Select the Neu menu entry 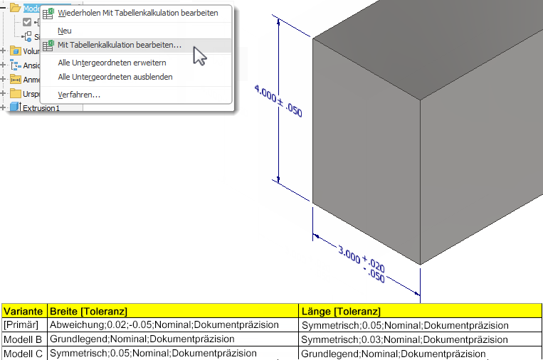[x=65, y=31]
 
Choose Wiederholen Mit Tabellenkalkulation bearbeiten [x=137, y=14]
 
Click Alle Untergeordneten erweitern [x=112, y=63]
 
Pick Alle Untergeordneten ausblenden [x=115, y=77]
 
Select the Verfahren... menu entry [x=79, y=95]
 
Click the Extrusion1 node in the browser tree [x=41, y=109]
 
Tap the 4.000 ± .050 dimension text [x=278, y=101]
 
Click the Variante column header [x=23, y=312]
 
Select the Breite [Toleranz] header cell [x=88, y=312]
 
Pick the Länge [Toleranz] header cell [x=341, y=312]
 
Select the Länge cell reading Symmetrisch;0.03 [x=405, y=339]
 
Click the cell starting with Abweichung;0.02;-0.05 [x=164, y=325]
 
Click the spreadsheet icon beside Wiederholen [x=48, y=14]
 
